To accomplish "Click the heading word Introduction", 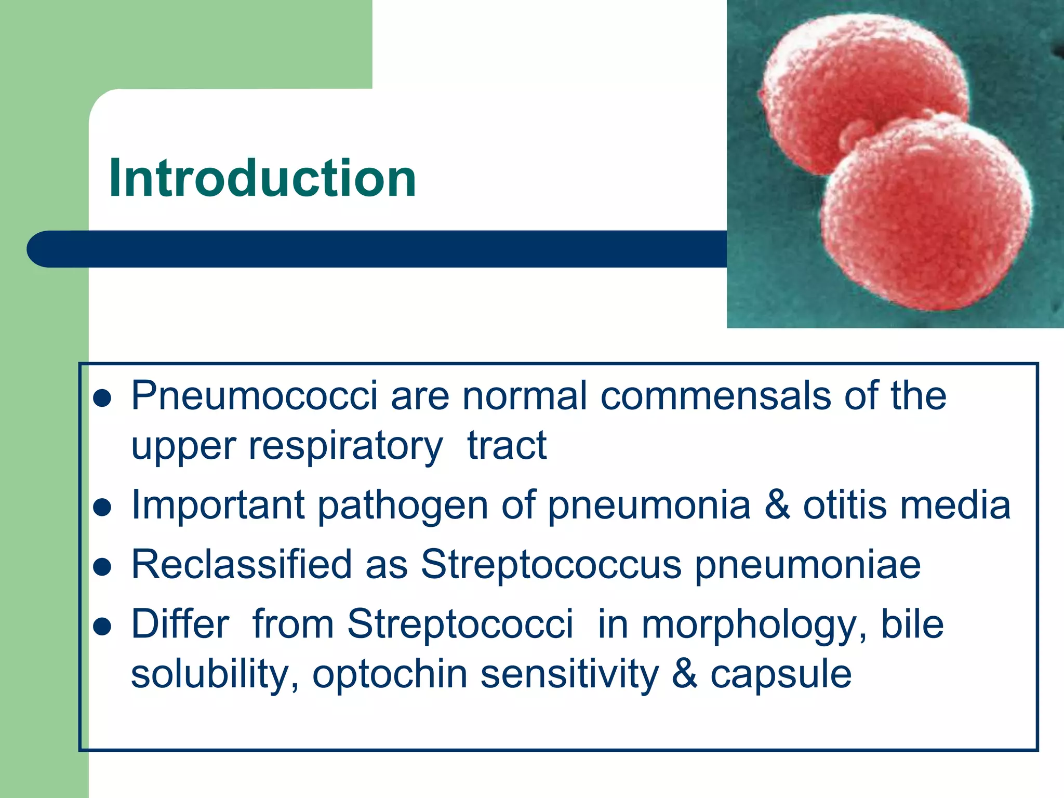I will click(262, 178).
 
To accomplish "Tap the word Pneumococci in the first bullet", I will click(254, 396).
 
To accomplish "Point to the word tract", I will click(507, 446).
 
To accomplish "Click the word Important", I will click(218, 505).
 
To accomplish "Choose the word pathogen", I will click(403, 505).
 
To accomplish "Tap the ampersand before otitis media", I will click(777, 505).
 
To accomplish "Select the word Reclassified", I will click(242, 564).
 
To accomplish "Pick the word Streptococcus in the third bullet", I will click(551, 564).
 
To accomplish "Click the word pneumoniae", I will click(808, 564).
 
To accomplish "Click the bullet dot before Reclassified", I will click(103, 567).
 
